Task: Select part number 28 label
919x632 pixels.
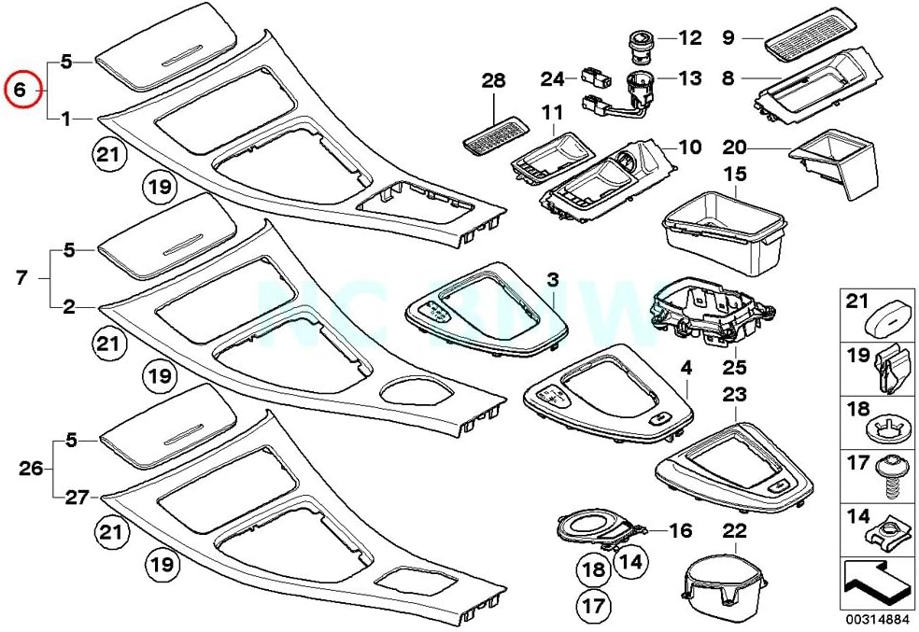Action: [493, 83]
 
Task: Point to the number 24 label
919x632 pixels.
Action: [553, 77]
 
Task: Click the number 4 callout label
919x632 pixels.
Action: [686, 369]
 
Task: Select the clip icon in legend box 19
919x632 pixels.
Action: [885, 370]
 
